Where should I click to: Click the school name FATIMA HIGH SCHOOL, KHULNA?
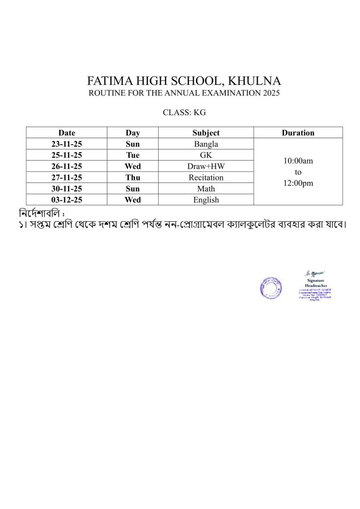click(x=184, y=81)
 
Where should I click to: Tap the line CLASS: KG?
click(x=184, y=112)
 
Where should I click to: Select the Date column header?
click(x=67, y=133)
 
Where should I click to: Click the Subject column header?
click(x=206, y=133)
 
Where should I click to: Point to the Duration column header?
click(x=298, y=133)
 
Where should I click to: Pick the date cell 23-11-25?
click(x=67, y=144)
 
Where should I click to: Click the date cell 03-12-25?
click(x=67, y=200)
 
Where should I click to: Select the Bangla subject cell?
click(x=206, y=144)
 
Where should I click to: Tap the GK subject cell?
click(x=206, y=155)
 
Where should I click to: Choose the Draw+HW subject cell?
click(x=206, y=167)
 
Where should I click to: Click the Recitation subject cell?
click(x=206, y=177)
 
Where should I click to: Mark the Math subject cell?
click(x=206, y=189)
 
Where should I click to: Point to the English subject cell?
click(x=206, y=200)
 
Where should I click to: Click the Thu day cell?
click(x=133, y=177)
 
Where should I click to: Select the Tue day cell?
click(x=133, y=155)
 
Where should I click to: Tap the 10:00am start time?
click(x=298, y=161)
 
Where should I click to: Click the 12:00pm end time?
click(x=298, y=183)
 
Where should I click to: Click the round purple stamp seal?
click(x=270, y=287)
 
